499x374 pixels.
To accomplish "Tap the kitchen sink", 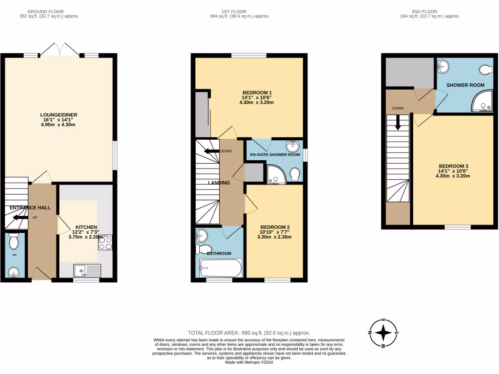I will click(x=87, y=271).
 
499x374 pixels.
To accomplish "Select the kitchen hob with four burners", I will click(x=106, y=243).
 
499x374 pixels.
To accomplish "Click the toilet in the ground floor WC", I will click(x=14, y=240).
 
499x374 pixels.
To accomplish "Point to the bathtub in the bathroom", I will click(x=220, y=268).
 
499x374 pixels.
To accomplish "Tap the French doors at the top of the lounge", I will click(x=60, y=49).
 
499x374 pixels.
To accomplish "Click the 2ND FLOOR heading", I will click(x=427, y=11).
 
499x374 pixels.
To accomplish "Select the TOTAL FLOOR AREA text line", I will click(x=249, y=333).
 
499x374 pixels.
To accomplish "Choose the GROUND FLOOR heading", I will click(x=45, y=11).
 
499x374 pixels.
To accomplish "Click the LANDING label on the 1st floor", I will click(x=219, y=183).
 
